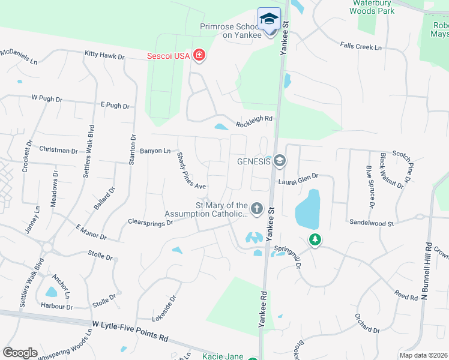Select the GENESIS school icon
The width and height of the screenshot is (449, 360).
click(x=279, y=161)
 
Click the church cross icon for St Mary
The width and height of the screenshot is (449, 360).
click(x=256, y=209)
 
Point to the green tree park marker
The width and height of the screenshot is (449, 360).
click(x=314, y=240)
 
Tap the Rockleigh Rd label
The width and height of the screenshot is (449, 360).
click(x=254, y=119)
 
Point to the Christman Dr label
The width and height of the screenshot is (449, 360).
click(x=58, y=149)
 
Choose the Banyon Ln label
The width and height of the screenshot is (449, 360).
click(x=155, y=151)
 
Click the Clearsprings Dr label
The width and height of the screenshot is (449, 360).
click(x=150, y=222)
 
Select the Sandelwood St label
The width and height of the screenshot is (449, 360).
click(x=372, y=222)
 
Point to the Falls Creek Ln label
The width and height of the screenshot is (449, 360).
click(x=361, y=46)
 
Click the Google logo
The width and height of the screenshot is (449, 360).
click(x=20, y=352)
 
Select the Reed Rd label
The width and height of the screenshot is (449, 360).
click(x=406, y=296)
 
